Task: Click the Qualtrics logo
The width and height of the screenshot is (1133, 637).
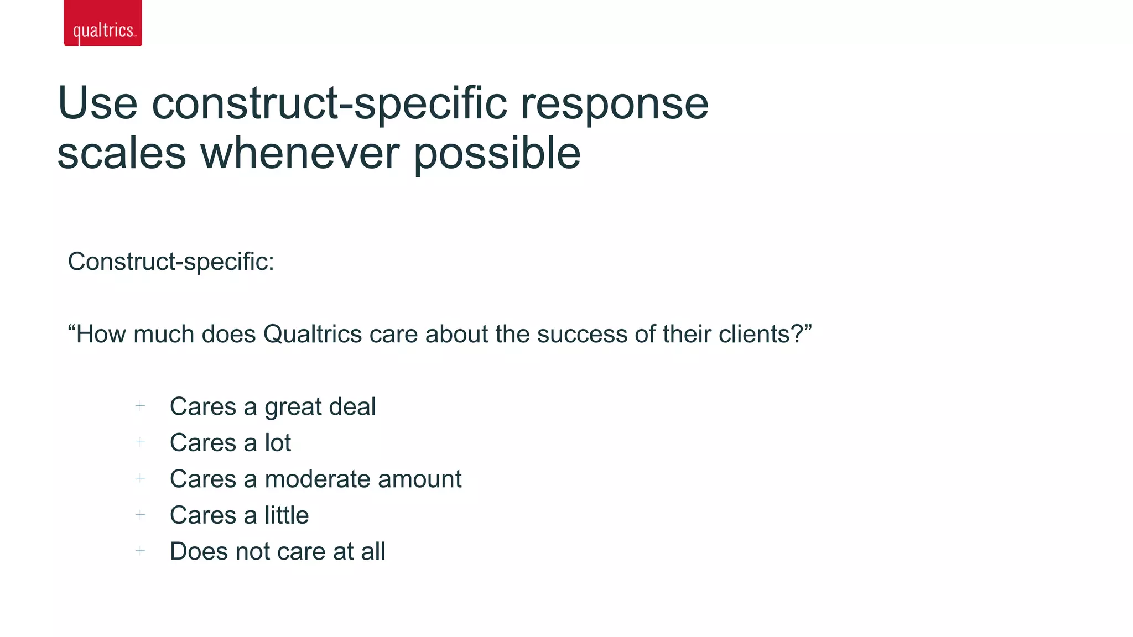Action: [x=103, y=23]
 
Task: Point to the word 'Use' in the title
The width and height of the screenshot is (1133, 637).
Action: [x=97, y=103]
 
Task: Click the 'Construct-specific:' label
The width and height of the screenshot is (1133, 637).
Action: [x=171, y=262]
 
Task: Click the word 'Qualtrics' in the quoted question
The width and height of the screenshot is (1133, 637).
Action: [x=313, y=334]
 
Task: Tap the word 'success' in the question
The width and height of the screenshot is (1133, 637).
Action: [x=582, y=334]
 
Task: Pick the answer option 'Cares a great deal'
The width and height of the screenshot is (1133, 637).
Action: [x=273, y=406]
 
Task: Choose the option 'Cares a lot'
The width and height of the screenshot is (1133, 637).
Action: [x=230, y=443]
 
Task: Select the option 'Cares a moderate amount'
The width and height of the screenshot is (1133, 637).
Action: [x=315, y=479]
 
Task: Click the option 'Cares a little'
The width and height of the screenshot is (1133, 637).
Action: [x=239, y=515]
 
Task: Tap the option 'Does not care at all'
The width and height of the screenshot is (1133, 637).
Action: [x=277, y=551]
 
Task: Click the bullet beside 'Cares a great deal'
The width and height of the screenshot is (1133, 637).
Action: [x=141, y=406]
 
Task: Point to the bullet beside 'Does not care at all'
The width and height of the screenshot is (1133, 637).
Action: [x=141, y=551]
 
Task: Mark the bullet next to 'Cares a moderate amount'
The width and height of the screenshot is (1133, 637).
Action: [x=141, y=478]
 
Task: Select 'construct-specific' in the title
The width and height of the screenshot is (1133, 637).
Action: [x=329, y=103]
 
